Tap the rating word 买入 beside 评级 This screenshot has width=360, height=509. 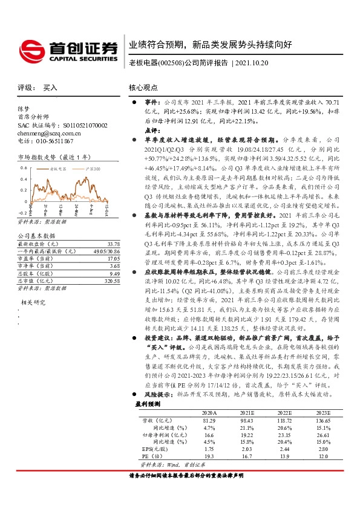(50, 88)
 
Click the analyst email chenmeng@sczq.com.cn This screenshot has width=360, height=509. (48, 133)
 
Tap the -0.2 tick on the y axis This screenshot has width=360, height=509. (22, 213)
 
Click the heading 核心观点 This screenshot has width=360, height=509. (143, 88)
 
